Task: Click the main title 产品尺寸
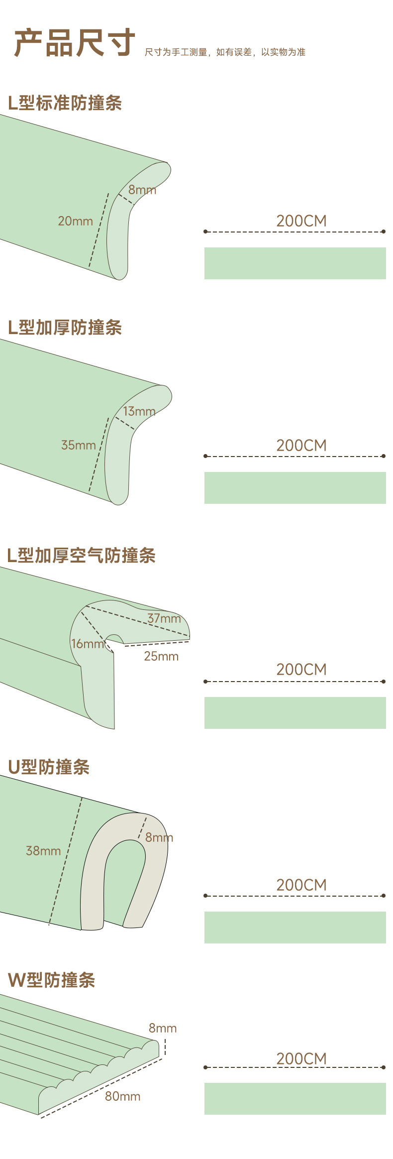(75, 43)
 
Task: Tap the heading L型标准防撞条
(65, 103)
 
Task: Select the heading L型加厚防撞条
(65, 328)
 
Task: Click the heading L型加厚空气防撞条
(81, 556)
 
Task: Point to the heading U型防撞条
(49, 767)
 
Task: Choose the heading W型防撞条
(51, 980)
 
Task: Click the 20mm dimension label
(75, 221)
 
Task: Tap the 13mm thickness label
(139, 412)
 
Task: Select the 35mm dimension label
(78, 445)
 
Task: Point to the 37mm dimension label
(164, 619)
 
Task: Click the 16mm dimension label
(88, 644)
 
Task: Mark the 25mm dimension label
(161, 657)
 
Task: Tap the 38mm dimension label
(43, 851)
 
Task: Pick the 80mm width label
(122, 1096)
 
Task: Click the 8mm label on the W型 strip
(163, 1028)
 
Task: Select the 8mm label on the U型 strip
(159, 837)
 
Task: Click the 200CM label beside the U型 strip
(301, 885)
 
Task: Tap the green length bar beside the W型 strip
(295, 1099)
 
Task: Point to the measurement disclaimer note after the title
(225, 52)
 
